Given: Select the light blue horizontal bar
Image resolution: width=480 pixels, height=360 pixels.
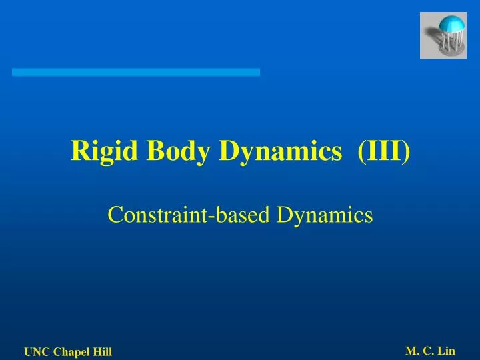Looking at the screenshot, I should point(136,72).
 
